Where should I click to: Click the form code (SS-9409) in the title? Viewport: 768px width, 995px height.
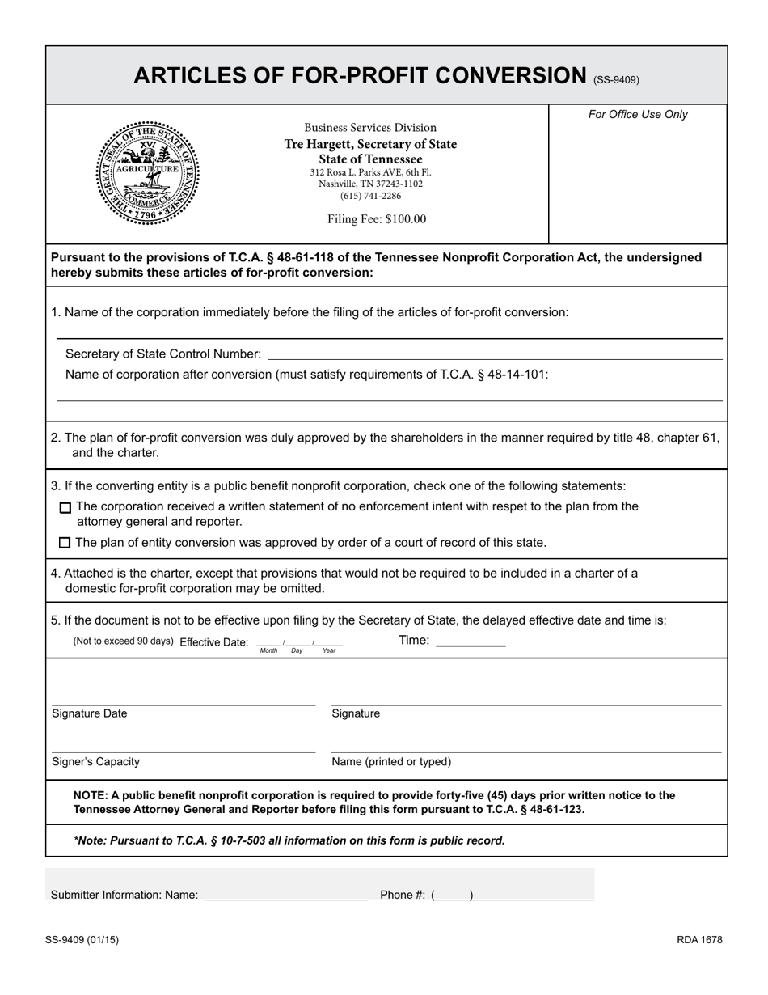(x=616, y=79)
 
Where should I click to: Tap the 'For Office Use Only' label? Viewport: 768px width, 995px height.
(x=638, y=115)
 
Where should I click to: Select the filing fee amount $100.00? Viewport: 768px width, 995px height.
(x=377, y=219)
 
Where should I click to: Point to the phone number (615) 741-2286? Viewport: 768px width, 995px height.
(x=370, y=196)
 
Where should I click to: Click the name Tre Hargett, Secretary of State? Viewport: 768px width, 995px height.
(x=370, y=144)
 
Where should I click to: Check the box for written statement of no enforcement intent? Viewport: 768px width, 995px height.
(x=65, y=507)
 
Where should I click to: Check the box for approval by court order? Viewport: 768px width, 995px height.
(x=65, y=543)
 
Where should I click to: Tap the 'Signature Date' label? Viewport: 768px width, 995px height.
(x=90, y=713)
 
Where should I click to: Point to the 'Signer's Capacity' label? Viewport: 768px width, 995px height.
(x=95, y=761)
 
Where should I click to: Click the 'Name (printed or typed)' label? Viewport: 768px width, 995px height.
(x=391, y=761)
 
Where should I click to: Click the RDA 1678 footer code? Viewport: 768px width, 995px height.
(x=699, y=940)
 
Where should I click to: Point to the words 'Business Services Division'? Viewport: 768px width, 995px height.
(x=370, y=128)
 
